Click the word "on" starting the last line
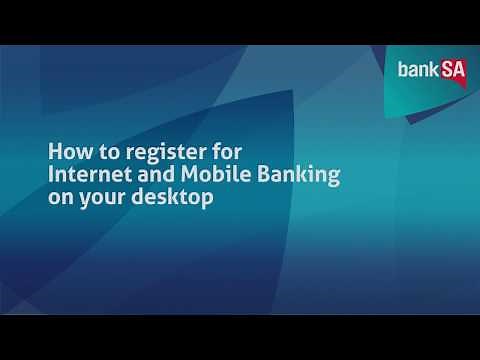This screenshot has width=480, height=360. point(62,200)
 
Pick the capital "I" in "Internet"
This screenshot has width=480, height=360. point(52,177)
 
